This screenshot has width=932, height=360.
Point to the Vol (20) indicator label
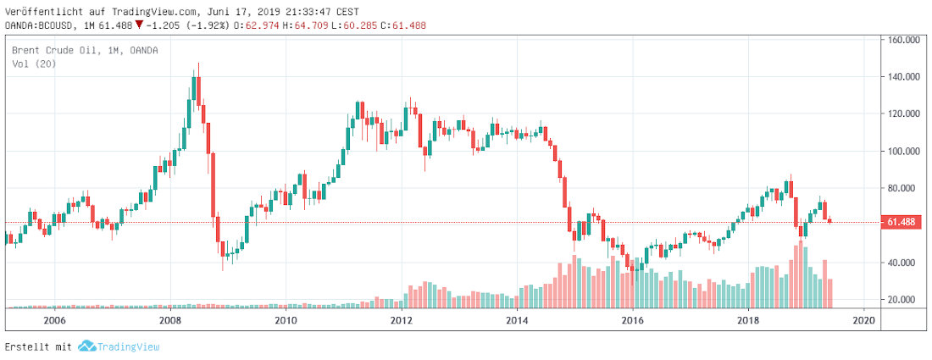click(34, 64)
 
